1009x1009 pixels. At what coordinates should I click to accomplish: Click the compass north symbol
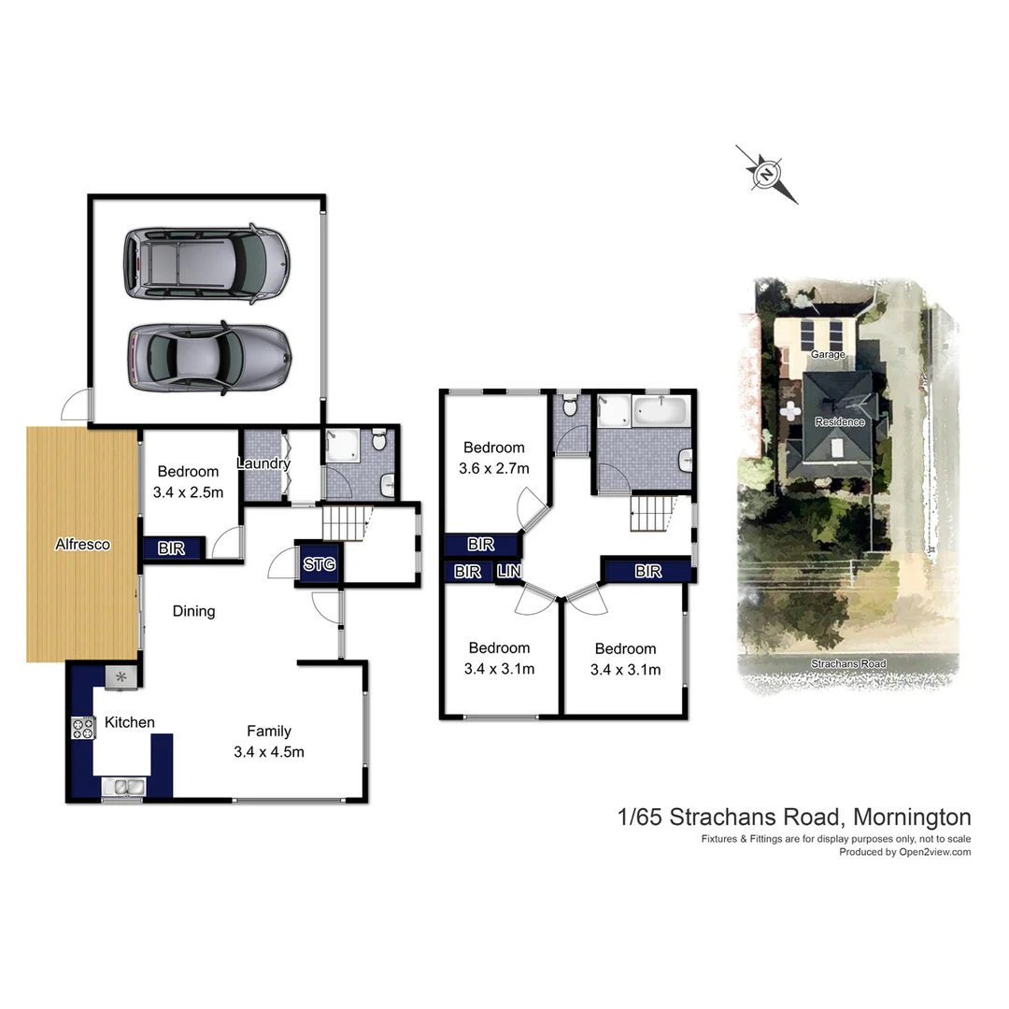(767, 174)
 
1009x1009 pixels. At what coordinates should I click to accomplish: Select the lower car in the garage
(209, 359)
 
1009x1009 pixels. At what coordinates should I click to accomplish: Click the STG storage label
(319, 564)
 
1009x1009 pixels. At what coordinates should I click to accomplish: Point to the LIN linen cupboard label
(509, 571)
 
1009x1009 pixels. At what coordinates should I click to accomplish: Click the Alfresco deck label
(82, 544)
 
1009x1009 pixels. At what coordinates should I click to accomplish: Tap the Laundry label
(263, 463)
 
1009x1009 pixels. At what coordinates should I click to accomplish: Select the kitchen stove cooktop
(83, 727)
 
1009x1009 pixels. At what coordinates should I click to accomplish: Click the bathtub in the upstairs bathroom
(661, 411)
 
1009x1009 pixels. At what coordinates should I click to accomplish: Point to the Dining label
(193, 611)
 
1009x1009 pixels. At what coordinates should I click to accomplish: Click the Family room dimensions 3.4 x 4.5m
(269, 751)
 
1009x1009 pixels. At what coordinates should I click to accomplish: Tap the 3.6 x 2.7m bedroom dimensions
(494, 468)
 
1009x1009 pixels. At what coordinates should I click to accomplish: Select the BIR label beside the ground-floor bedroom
(171, 548)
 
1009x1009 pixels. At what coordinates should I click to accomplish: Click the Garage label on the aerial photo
(828, 355)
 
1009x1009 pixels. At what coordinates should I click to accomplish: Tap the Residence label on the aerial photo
(839, 421)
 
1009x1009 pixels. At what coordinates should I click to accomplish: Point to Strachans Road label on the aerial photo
(848, 663)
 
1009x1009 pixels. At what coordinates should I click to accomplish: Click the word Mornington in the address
(912, 817)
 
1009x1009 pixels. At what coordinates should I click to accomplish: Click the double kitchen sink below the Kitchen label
(123, 788)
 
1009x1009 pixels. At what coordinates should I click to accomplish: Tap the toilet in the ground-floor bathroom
(379, 439)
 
